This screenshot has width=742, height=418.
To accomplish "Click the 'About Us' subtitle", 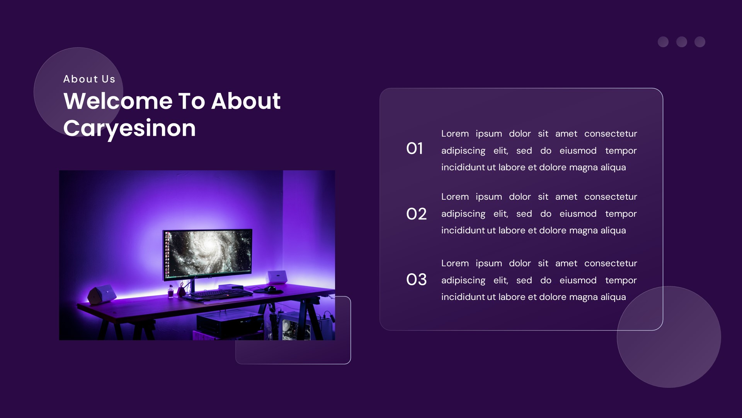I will click(x=89, y=79).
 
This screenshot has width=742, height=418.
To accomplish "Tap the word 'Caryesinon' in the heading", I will click(x=129, y=128).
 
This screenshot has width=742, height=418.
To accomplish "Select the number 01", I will click(x=414, y=149).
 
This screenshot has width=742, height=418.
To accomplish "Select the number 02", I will click(x=416, y=214).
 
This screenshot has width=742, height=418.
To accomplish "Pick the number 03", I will click(x=416, y=280).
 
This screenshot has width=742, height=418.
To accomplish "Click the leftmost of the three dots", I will click(x=663, y=42).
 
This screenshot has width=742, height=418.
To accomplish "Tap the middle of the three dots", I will click(x=682, y=42).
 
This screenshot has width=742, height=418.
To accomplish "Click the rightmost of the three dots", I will click(x=700, y=42).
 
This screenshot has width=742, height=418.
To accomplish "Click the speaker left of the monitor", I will click(x=102, y=295).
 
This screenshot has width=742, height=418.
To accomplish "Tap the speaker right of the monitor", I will click(x=277, y=277).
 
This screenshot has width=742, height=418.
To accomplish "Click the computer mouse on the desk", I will click(x=272, y=289).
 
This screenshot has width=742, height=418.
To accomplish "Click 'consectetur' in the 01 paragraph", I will click(x=611, y=134).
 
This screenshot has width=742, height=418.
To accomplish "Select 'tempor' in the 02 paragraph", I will click(x=621, y=214).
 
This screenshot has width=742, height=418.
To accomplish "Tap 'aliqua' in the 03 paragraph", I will click(x=613, y=297).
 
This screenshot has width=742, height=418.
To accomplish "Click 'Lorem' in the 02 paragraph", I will click(x=455, y=197).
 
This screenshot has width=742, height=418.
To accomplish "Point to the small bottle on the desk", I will click(x=170, y=292).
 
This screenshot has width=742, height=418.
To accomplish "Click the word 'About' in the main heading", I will click(x=246, y=101).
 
